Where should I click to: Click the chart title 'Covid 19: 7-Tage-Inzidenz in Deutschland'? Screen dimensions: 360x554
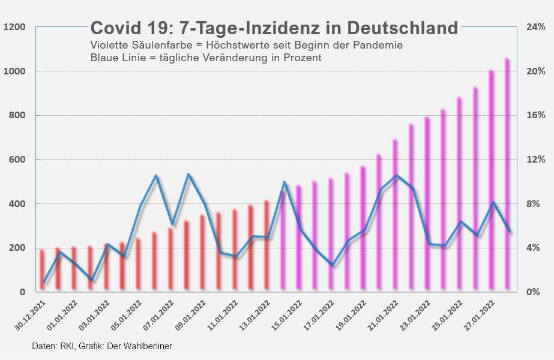click(274, 28)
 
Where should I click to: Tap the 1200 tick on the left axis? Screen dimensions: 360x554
click(14, 27)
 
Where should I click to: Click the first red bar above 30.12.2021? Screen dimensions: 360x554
click(42, 270)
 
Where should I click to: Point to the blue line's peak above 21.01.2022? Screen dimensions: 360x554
click(396, 176)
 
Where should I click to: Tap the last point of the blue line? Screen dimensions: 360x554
click(510, 232)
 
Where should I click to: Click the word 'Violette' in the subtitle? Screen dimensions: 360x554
click(107, 46)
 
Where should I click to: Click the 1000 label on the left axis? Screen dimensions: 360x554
click(14, 71)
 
